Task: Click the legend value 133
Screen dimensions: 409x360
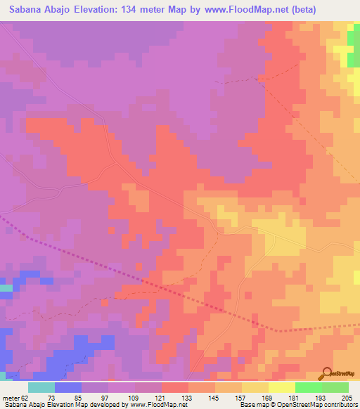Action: click(186, 398)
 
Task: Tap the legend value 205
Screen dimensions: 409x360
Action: click(347, 398)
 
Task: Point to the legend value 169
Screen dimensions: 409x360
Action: click(266, 398)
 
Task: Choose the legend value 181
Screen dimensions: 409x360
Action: click(293, 398)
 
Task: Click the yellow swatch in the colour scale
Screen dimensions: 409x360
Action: click(281, 387)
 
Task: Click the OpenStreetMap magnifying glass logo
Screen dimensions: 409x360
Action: click(326, 373)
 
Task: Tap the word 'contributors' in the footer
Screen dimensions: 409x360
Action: click(340, 405)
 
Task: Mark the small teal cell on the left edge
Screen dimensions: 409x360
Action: click(6, 288)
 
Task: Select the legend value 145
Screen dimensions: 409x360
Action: click(213, 398)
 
